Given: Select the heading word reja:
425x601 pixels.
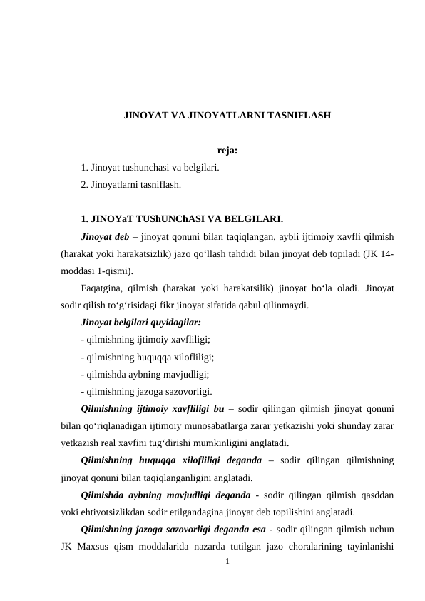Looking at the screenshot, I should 227,151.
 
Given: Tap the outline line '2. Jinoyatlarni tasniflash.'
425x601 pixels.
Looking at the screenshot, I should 131,185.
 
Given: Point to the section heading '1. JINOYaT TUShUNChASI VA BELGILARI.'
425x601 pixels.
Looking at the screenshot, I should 182,218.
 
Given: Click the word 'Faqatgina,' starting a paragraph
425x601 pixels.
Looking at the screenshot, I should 103,288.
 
